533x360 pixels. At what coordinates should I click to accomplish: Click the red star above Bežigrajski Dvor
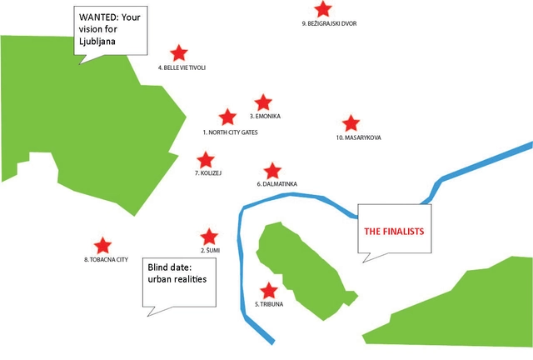(323, 9)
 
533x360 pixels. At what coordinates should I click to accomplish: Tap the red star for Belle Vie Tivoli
(178, 53)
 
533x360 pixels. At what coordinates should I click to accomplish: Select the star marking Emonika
(263, 102)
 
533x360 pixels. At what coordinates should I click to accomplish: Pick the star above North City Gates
(227, 117)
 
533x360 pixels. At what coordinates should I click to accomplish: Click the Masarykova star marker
(351, 123)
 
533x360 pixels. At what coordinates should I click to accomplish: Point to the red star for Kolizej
(205, 159)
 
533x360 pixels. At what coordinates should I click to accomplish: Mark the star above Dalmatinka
(271, 171)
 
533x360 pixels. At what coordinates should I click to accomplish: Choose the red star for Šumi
(209, 237)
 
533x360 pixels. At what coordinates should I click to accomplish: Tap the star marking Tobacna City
(102, 245)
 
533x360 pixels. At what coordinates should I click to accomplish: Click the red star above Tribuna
(268, 291)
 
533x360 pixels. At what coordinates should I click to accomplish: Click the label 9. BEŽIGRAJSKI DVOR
(329, 23)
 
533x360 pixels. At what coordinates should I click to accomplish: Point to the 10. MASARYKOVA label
(358, 137)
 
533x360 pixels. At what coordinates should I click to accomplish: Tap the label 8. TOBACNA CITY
(106, 260)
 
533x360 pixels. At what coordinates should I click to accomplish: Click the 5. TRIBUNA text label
(269, 305)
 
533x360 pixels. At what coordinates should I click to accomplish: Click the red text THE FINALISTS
(395, 230)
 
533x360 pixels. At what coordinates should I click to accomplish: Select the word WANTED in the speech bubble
(98, 16)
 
